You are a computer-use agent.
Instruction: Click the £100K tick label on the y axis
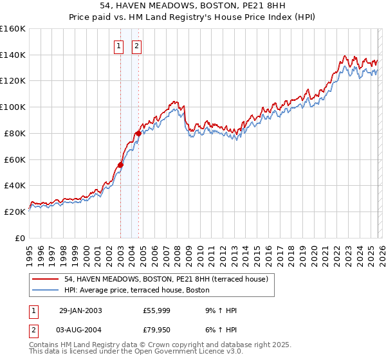coord(13,107)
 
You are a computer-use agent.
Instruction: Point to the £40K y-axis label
coord(15,185)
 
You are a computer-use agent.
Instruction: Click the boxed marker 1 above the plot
coord(120,46)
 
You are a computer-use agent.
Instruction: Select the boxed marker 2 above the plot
coord(138,46)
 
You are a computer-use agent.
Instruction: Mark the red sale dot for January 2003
coord(120,164)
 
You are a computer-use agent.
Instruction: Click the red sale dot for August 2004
coord(138,133)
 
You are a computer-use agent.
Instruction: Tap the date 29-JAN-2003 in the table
coord(80,310)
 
